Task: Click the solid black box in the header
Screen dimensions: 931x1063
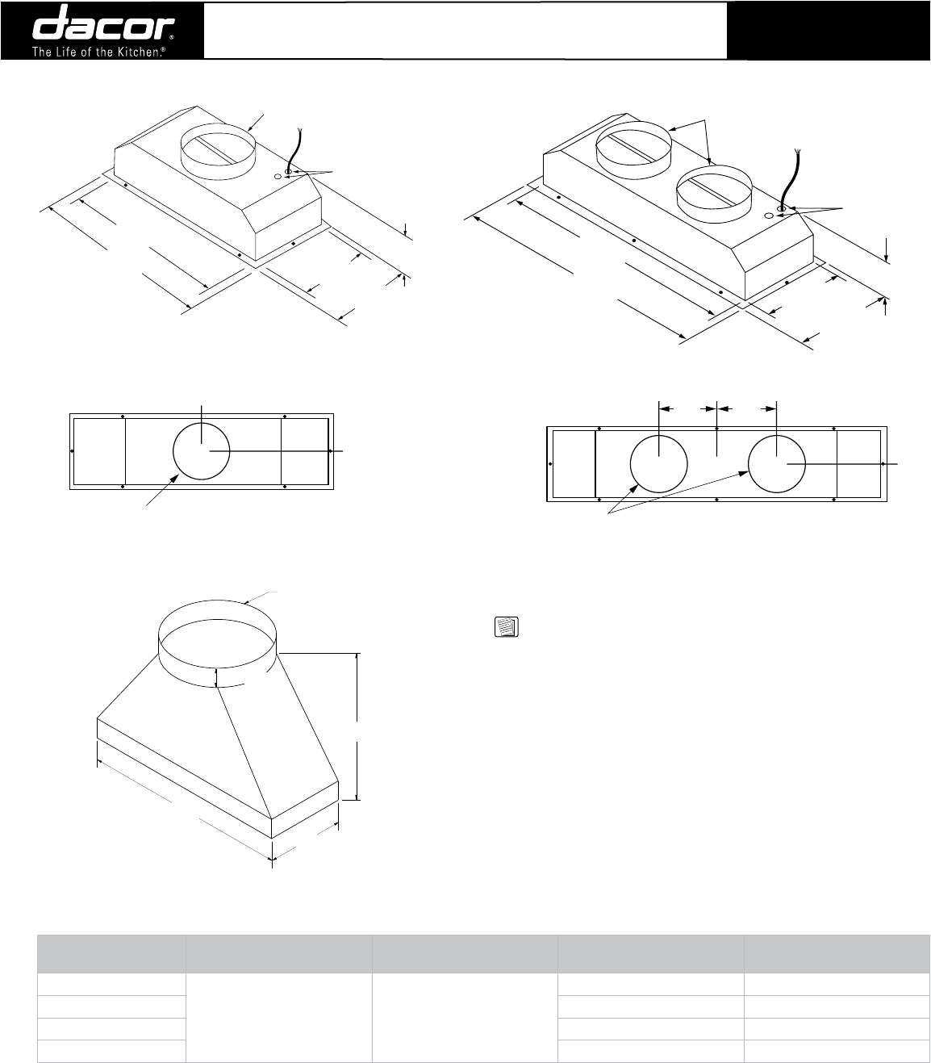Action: pos(829,30)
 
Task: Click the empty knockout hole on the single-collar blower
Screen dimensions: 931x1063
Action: pos(278,176)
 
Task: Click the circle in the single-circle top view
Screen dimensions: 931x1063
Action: pos(202,450)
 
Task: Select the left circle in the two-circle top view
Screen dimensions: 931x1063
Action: pos(658,465)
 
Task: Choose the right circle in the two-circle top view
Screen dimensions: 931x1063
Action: pos(777,465)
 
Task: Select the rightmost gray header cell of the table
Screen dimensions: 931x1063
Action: pos(837,954)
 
